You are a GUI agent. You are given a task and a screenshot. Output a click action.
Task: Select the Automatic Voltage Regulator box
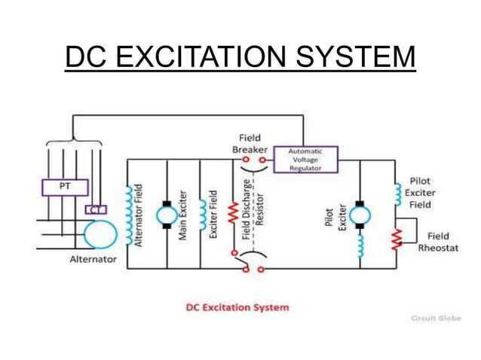(305, 160)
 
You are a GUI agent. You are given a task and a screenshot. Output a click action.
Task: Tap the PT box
(63, 186)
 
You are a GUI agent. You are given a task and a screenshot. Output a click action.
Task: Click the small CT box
(97, 209)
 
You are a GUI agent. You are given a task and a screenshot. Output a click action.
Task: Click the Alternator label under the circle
(93, 259)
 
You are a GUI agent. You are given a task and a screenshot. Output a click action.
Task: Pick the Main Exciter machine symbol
(165, 214)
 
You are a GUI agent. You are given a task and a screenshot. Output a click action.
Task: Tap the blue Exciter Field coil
(201, 215)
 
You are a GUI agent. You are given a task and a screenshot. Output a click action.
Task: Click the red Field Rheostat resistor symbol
(395, 239)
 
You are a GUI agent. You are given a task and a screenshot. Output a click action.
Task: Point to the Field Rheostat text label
(438, 243)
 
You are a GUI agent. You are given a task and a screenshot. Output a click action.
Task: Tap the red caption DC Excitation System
(237, 307)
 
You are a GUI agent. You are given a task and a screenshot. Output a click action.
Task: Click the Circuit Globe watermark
(435, 318)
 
